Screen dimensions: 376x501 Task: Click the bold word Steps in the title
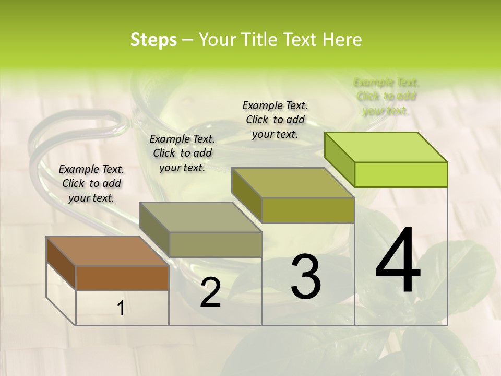153,40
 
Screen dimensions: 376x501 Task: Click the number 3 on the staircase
306,277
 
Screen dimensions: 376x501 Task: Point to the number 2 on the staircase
210,292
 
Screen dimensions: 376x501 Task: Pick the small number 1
121,309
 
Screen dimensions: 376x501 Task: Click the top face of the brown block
108,251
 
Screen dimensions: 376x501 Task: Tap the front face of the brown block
122,278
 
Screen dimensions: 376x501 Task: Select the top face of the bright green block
386,147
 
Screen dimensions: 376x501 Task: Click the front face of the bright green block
401,174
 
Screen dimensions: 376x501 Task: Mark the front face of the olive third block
308,210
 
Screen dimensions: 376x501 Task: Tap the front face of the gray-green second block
216,244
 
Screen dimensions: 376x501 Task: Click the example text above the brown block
91,183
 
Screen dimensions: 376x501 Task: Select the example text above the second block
182,153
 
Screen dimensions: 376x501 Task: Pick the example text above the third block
275,120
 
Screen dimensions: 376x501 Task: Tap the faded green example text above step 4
386,97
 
